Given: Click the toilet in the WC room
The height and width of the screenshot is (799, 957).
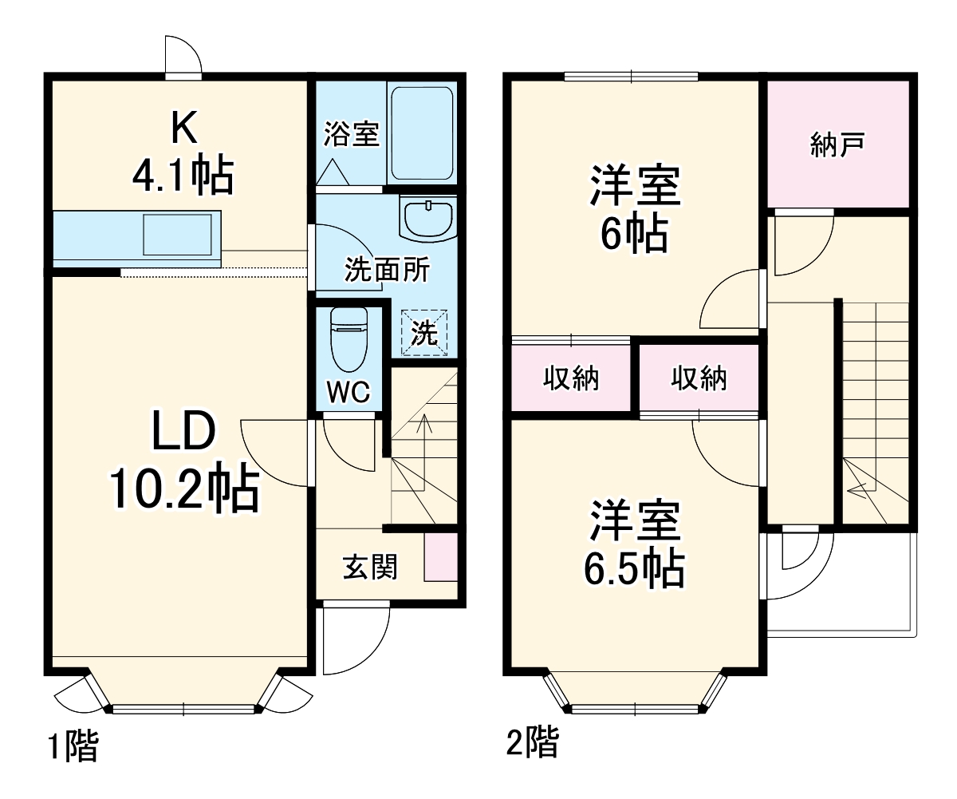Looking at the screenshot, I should point(348,339).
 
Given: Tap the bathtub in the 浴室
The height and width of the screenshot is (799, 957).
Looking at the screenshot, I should point(422,133).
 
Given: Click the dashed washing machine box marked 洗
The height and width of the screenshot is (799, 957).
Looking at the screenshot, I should point(423,332).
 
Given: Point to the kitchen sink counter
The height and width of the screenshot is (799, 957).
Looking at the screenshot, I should point(136,238).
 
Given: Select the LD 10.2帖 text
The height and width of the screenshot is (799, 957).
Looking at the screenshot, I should point(184,461).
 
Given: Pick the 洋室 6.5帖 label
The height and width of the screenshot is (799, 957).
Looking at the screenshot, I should point(635,544).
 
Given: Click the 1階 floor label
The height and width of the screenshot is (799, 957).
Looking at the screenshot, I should point(73,748).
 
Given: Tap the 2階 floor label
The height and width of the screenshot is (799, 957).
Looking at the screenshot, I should point(532,743).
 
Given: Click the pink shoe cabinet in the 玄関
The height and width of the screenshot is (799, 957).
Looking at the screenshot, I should point(440,556).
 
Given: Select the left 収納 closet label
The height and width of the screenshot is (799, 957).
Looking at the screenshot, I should point(571,378).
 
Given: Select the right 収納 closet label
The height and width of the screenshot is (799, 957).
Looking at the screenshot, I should point(699,378).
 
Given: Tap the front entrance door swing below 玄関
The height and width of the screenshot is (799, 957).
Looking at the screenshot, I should point(351,639).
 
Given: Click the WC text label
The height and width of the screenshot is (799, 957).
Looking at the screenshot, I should point(349,392).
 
